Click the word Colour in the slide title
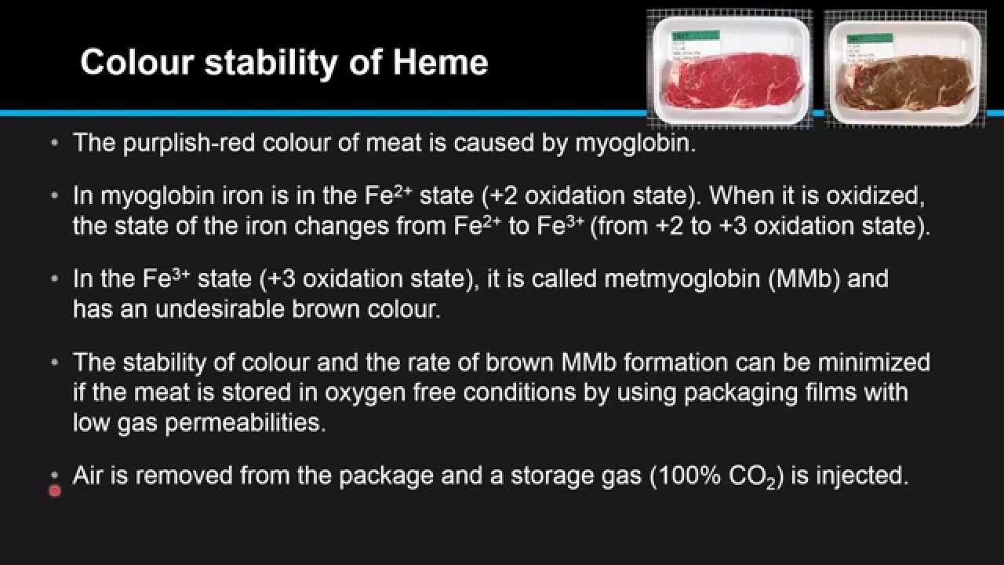coord(137,62)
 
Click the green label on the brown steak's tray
coord(871,37)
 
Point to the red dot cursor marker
coord(55,491)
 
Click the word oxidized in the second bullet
coord(875,195)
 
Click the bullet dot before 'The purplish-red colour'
coord(54,144)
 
